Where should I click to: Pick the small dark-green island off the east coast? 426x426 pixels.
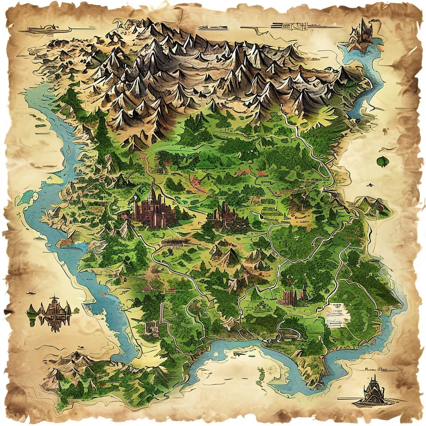(x=382, y=161)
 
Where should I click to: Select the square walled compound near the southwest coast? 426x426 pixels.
(x=151, y=327)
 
